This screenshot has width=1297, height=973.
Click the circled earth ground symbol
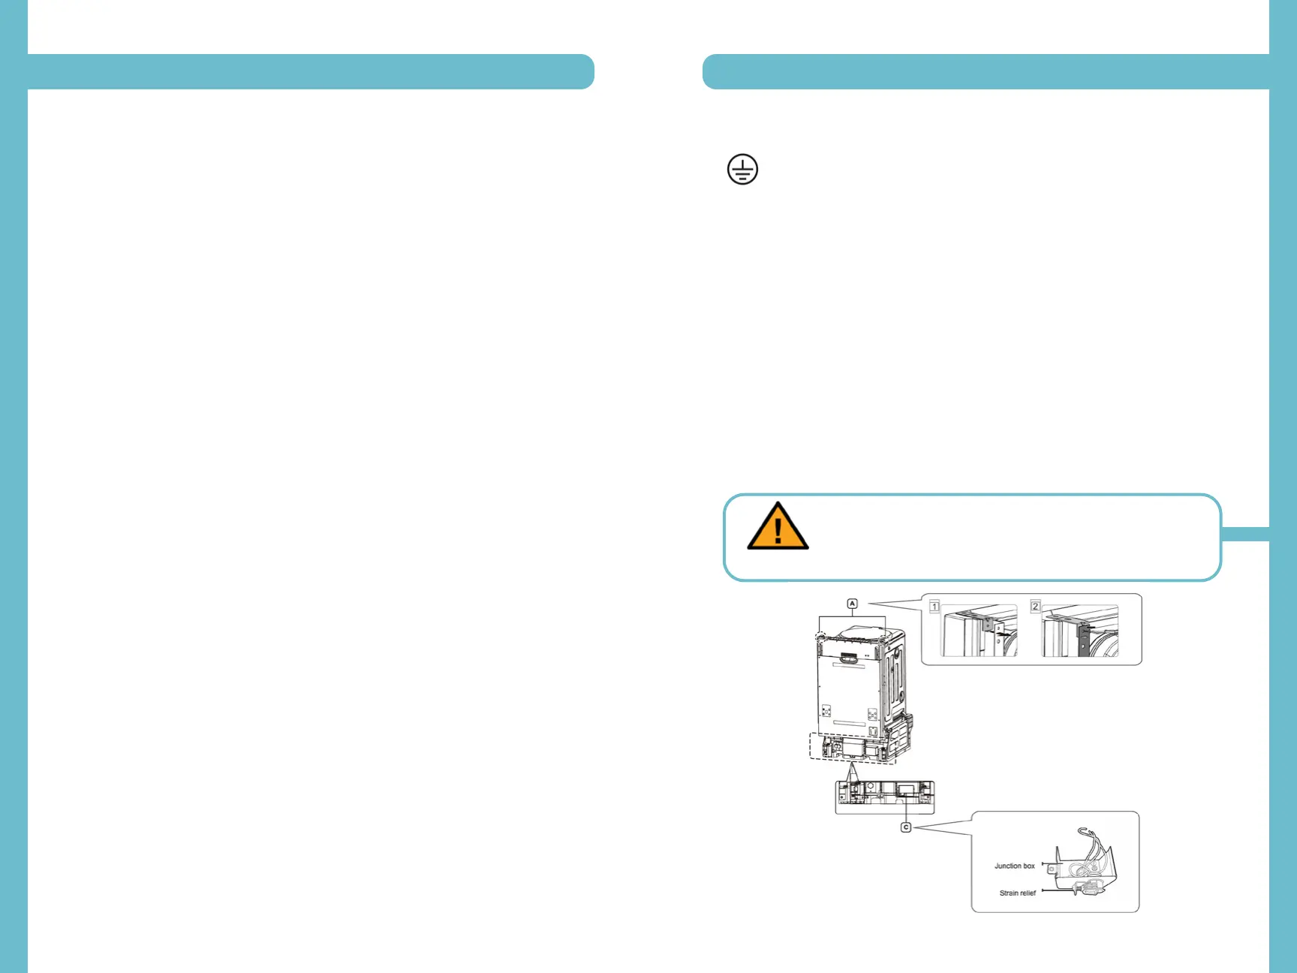click(742, 170)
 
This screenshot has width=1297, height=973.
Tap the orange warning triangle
click(778, 527)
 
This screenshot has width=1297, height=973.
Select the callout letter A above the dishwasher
click(852, 604)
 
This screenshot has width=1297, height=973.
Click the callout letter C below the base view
click(906, 827)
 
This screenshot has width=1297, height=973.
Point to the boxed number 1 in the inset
click(934, 607)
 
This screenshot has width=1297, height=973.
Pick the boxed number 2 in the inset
click(1035, 607)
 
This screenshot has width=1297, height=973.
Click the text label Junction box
click(1014, 866)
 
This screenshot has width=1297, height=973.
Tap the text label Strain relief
click(1017, 893)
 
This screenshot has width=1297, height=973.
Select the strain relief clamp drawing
click(1085, 890)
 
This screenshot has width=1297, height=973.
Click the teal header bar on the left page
click(311, 72)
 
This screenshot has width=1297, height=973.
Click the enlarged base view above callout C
click(885, 797)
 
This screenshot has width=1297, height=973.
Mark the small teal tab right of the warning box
click(1245, 534)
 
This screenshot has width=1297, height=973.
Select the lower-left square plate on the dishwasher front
click(826, 710)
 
